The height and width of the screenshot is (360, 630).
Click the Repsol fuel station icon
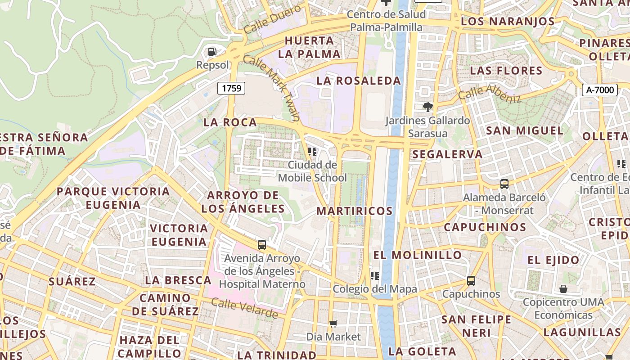pos(212,52)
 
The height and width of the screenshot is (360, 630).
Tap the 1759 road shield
pos(231,88)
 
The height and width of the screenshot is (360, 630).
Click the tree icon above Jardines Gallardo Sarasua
pos(427,107)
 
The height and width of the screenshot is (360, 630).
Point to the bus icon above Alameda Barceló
pos(504,184)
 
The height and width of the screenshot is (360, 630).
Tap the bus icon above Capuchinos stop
pos(471,280)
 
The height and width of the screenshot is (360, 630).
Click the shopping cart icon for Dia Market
pos(333,324)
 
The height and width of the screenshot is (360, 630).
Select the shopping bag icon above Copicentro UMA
pos(563,288)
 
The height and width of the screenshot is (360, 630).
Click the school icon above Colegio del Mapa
pos(374,275)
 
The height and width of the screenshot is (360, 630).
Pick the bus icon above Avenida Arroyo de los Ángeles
pos(261,245)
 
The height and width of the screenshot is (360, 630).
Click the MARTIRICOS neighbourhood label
pos(355,211)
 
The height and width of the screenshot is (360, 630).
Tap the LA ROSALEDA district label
pos(358,81)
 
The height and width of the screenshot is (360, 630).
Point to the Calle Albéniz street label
pos(489,93)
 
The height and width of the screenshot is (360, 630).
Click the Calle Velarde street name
pos(244,309)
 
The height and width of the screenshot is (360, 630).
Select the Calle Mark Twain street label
pos(271,88)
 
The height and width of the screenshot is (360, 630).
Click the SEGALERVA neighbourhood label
pos(447,154)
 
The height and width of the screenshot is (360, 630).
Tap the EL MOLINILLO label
pos(417,255)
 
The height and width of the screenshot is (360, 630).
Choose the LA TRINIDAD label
pos(276,355)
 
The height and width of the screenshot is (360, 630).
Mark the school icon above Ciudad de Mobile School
pos(312,152)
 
